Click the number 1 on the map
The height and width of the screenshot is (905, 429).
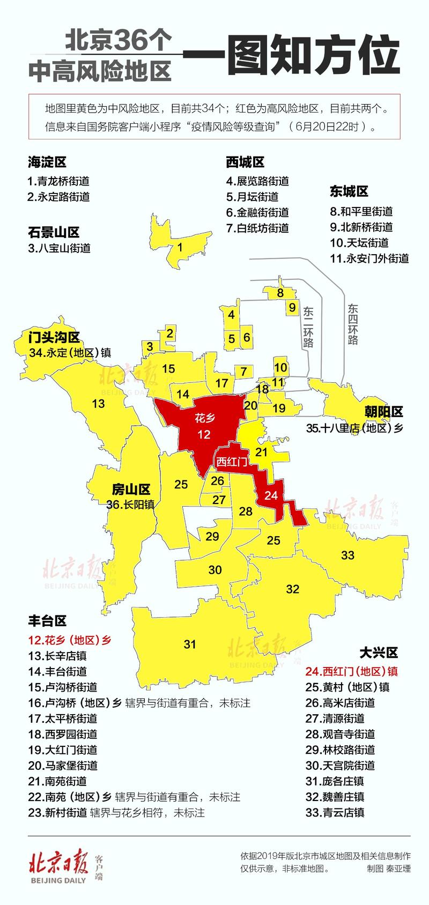coord(180,247)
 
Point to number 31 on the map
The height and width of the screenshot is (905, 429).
coord(190,644)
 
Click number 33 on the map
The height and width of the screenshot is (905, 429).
coord(348,555)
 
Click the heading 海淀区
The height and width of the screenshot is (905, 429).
coord(47,162)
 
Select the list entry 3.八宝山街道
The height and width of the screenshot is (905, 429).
coord(59,248)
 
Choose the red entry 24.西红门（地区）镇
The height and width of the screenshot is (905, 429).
coord(351,671)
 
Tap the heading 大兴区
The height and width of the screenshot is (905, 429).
coord(378,652)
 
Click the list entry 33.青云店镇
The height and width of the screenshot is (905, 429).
coord(335,812)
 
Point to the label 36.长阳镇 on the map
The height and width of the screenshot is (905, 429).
coord(131,505)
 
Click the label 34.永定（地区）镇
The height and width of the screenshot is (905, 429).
coord(70,353)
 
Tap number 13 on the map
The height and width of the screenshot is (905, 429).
coord(99,403)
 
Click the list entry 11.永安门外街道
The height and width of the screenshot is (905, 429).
coord(369,258)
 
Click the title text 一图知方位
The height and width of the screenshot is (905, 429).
coord(291,56)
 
